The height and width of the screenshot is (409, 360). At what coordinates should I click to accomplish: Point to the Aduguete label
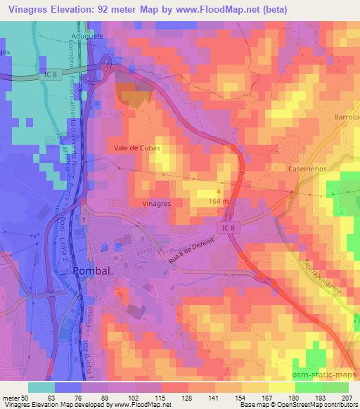(88, 34)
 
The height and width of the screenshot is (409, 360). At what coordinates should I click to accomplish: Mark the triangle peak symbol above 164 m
(219, 189)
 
